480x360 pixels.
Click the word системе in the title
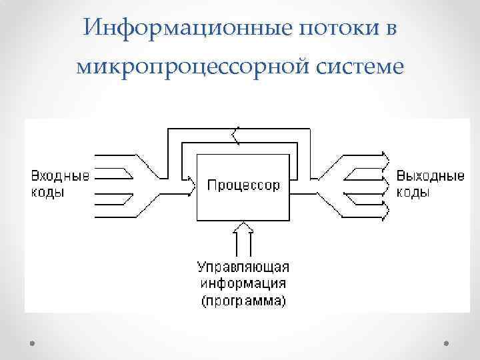pos(354,67)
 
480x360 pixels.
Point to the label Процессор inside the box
pos(244,185)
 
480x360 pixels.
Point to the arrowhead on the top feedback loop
pos(234,137)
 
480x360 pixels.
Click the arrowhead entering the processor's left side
pos(193,179)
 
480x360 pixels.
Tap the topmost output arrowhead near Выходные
pos(385,157)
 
